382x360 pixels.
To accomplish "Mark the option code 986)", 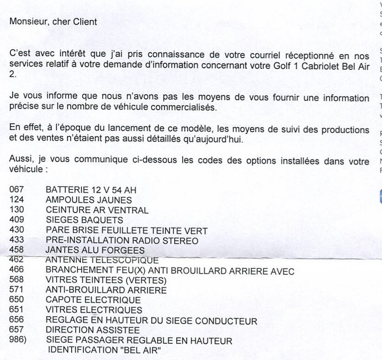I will click(x=18, y=340).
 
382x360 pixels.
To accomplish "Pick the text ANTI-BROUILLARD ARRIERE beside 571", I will click(x=106, y=290).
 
